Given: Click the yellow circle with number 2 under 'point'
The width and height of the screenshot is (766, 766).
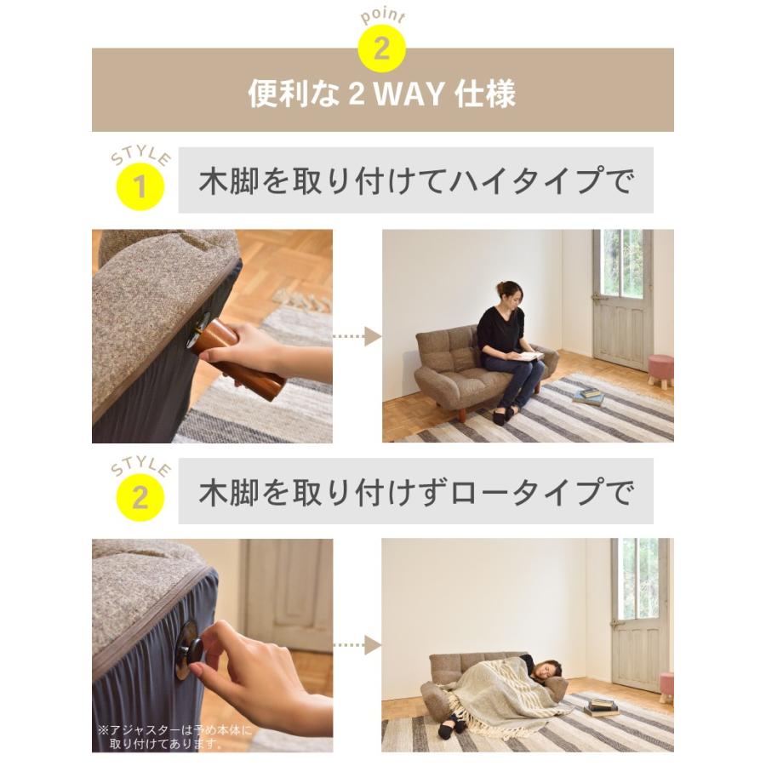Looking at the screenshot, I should (381, 48).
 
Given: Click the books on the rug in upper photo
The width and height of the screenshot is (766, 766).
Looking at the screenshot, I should (588, 396).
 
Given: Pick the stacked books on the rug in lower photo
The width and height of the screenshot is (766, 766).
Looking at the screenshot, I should (601, 706).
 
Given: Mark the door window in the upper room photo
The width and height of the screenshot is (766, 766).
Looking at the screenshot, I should (622, 263).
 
